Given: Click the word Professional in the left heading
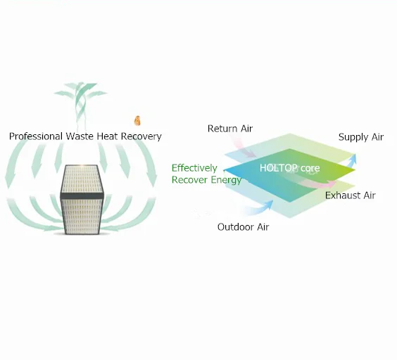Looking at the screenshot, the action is [x=36, y=136].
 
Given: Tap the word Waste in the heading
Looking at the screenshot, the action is [x=80, y=136].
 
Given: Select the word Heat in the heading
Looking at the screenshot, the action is [x=108, y=136].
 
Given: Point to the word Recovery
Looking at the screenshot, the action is [x=141, y=137].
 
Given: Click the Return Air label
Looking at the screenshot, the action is [x=230, y=129].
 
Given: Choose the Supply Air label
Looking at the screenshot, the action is [x=361, y=137].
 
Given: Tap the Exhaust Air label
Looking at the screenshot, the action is [x=351, y=195].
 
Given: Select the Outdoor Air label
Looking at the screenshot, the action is [x=243, y=227].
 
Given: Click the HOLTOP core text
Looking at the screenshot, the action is [x=289, y=168].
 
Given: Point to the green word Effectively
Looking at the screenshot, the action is [x=194, y=168].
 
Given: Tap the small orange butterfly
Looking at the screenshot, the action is [x=137, y=121].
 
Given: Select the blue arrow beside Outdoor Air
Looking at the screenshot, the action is [x=260, y=208].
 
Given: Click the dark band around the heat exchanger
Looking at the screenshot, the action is [x=82, y=195].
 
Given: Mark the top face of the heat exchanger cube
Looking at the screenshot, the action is [x=82, y=179].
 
